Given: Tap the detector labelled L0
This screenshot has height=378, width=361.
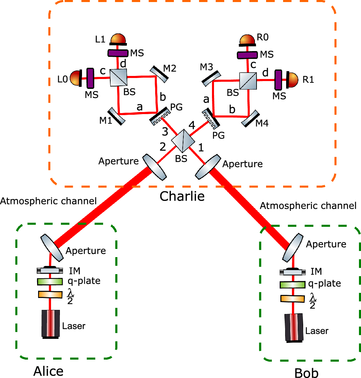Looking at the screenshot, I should (75, 79).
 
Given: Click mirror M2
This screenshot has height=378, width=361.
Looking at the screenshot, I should (158, 74).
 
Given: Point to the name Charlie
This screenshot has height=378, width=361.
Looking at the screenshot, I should (182, 196).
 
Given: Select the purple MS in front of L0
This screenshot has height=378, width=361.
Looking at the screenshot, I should (90, 78).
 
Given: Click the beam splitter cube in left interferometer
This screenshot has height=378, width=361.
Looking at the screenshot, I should (118, 78).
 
